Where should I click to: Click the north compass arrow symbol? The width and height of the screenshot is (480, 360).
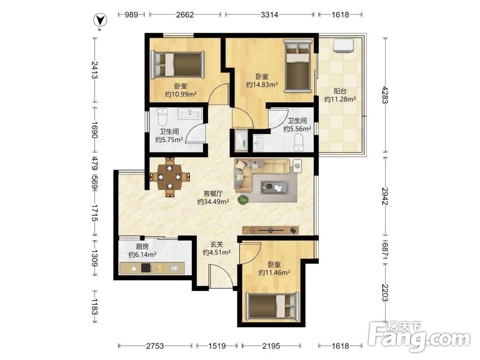point(100,21)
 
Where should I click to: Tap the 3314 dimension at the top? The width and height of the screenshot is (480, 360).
point(269,14)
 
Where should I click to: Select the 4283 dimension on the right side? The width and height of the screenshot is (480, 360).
point(385,95)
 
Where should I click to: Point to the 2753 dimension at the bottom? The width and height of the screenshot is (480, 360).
point(155,346)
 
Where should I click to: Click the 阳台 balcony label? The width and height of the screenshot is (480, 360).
point(340,91)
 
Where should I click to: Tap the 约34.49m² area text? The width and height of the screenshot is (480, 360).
point(213,202)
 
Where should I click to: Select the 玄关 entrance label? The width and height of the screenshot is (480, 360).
point(217,245)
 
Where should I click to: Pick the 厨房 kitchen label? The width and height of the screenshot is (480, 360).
point(142,246)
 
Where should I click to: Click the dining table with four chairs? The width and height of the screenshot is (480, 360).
point(170,177)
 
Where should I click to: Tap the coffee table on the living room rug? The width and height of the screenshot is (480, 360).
point(275,187)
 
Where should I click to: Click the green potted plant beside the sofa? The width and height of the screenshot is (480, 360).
point(243,199)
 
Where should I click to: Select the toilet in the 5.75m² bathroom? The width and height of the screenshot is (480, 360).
point(162,116)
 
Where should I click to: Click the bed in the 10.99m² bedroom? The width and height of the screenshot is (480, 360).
point(178,64)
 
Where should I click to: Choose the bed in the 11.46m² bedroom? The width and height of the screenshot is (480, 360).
point(273,307)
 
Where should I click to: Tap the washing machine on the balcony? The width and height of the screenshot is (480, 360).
point(344,45)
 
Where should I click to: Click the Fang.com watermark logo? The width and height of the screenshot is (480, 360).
point(419,337)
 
